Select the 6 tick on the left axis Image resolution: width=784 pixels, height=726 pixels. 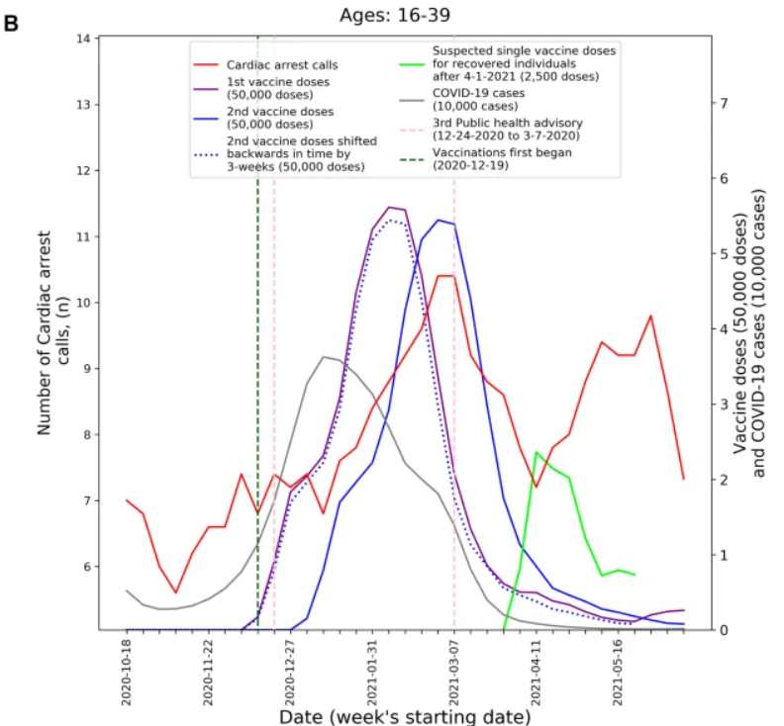coord(86,567)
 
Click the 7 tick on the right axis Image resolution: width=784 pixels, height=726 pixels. coord(726,104)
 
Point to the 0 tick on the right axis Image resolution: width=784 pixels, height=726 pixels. coord(726,630)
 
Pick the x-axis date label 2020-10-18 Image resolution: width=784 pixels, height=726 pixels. coord(127,673)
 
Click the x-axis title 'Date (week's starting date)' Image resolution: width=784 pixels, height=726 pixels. coord(405,715)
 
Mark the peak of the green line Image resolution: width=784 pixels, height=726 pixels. coord(536,452)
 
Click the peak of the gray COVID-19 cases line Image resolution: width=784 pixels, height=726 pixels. coord(325,356)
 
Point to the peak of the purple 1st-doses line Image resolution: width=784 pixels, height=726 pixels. coord(389,207)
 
